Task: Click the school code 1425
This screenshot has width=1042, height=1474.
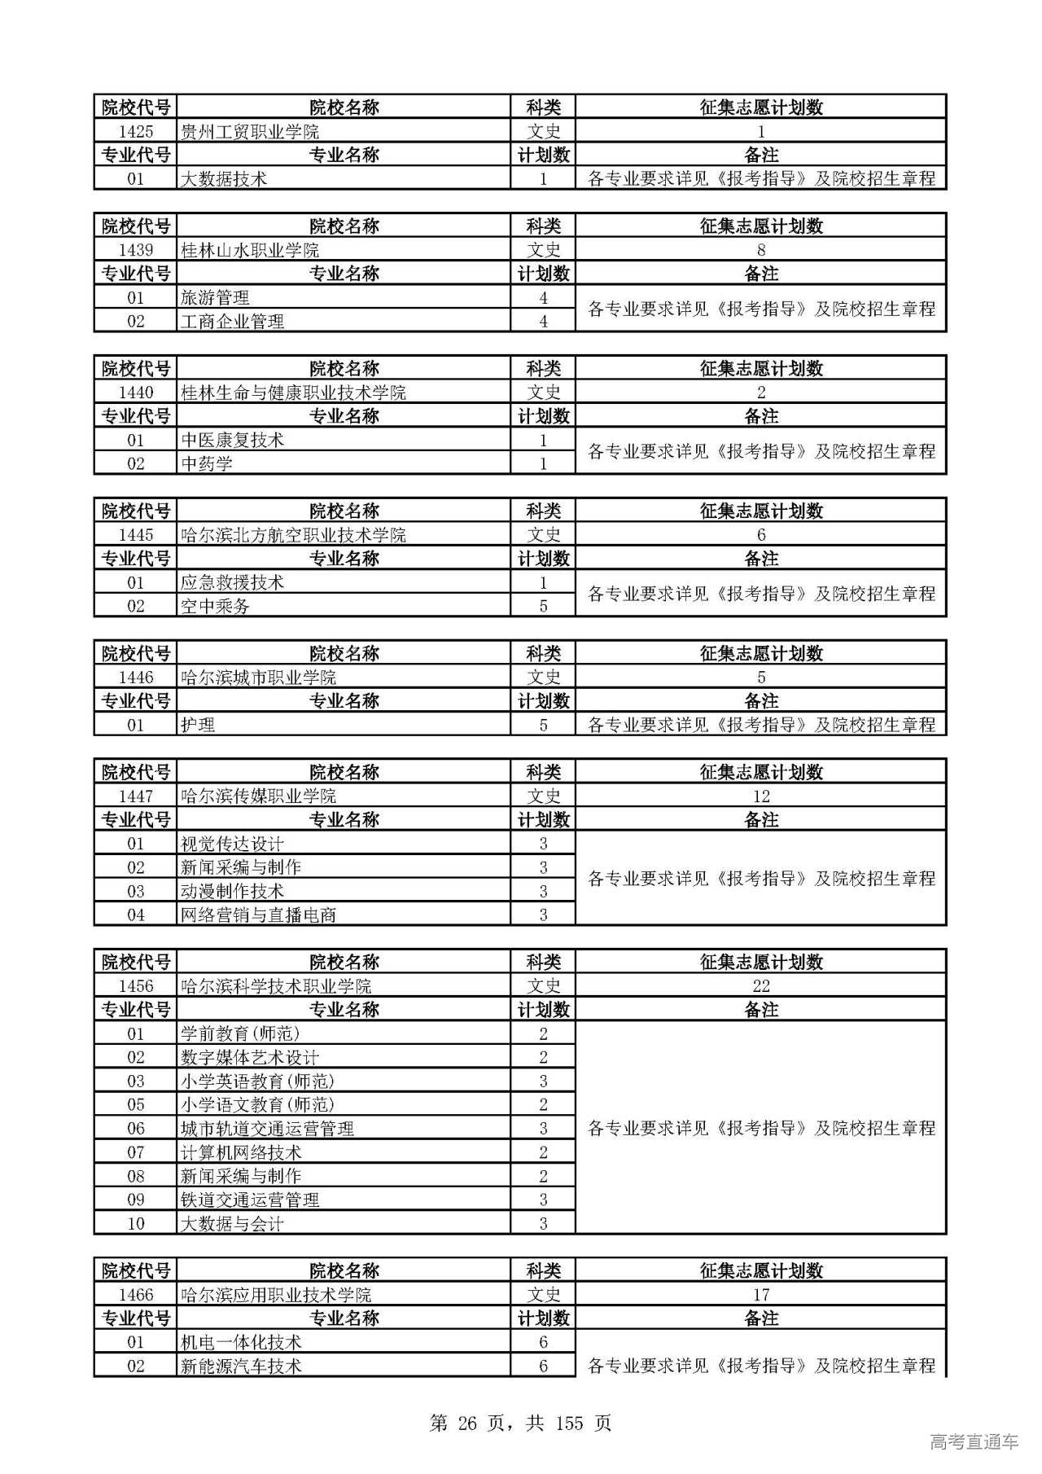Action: click(x=135, y=131)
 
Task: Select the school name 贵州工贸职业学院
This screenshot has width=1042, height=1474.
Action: click(x=250, y=131)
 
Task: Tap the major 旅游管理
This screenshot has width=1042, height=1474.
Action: click(x=215, y=297)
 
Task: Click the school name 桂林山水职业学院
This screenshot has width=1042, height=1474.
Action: click(x=250, y=250)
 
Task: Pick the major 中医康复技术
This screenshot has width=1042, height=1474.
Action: click(x=232, y=440)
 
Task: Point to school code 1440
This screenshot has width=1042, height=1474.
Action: click(x=135, y=393)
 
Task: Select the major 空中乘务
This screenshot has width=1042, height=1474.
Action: click(x=215, y=606)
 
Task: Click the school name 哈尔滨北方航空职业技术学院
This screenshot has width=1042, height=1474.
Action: click(x=293, y=535)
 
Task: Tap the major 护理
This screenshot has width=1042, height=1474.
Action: click(x=198, y=725)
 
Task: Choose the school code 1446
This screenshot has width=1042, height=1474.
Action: click(x=135, y=678)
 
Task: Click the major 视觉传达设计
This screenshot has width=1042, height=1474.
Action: click(x=232, y=844)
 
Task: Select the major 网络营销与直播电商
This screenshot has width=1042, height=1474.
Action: click(x=258, y=915)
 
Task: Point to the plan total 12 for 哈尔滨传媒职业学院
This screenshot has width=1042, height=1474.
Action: click(x=760, y=796)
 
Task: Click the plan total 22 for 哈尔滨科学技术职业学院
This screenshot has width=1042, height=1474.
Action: click(x=760, y=985)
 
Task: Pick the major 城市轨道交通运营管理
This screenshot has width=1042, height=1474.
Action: click(x=267, y=1129)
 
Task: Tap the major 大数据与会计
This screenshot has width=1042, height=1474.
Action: click(x=232, y=1223)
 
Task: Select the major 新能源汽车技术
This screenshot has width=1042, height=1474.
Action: click(x=241, y=1366)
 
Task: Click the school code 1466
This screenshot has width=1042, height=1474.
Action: click(x=135, y=1295)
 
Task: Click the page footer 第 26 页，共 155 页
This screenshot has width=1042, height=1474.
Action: click(x=520, y=1423)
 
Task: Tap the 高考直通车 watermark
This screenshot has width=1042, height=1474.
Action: click(x=974, y=1441)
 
